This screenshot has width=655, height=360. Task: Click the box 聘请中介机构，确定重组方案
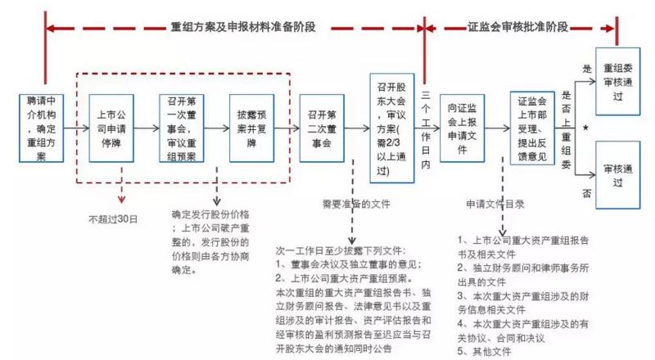coord(41,127)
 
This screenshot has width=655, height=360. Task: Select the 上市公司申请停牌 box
coord(111,128)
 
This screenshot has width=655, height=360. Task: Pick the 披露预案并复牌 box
coord(250,128)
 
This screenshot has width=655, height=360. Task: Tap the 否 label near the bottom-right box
coord(586,193)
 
